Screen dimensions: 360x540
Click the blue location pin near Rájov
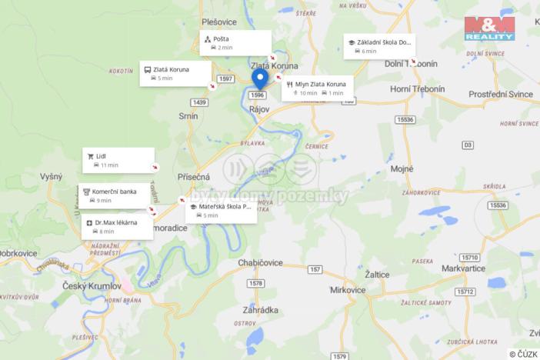[x=259, y=78]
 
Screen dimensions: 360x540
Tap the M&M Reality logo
[x=489, y=28]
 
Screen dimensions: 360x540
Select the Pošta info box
[x=236, y=42]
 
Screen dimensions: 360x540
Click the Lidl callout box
[x=118, y=160]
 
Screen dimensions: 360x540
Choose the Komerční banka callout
[x=114, y=195]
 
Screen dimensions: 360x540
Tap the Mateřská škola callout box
[x=222, y=210]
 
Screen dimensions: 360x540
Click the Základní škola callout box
[x=378, y=46]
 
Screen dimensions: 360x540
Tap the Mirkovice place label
[x=348, y=290]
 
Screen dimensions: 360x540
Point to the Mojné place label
[x=402, y=168]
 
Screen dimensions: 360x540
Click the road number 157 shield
[x=315, y=269]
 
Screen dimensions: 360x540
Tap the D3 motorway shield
[x=468, y=145]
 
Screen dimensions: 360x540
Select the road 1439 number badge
[x=200, y=102]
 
